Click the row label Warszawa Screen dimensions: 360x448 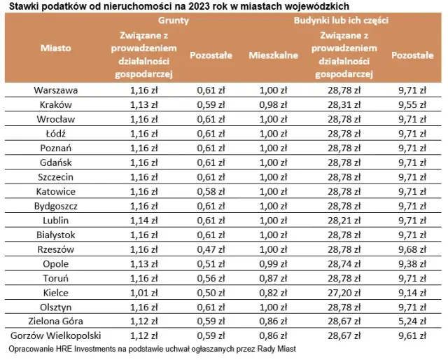point(56,90)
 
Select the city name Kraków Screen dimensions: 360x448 point(56,104)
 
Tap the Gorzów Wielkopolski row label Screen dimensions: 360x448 point(56,336)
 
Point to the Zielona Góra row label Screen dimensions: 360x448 point(56,321)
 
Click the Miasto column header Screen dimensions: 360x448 point(56,48)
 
